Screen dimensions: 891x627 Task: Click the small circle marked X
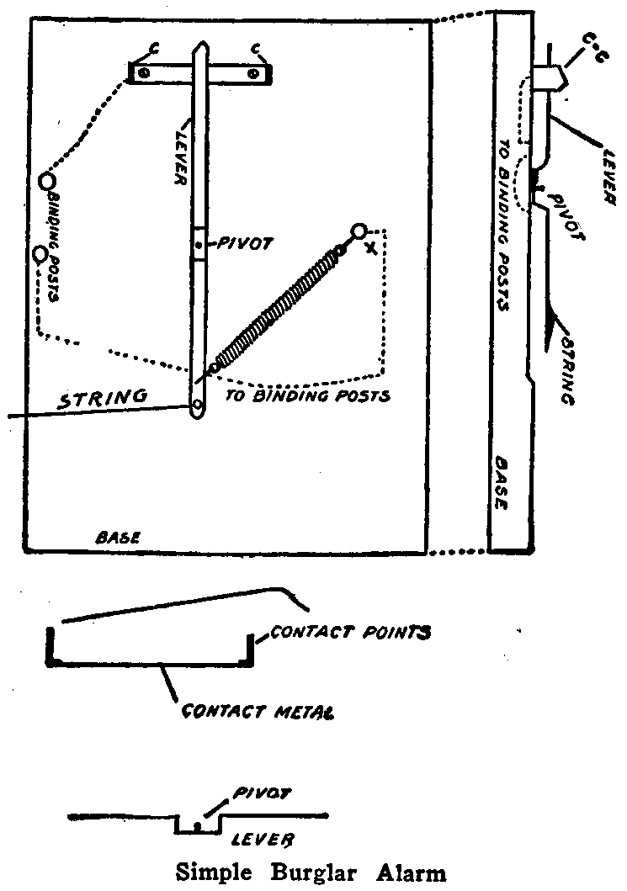[x=359, y=230]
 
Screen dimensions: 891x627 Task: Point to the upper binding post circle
[x=47, y=179]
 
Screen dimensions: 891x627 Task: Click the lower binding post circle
[x=40, y=253]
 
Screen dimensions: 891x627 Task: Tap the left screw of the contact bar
[x=145, y=74]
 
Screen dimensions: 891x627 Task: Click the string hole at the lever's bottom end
[x=198, y=406]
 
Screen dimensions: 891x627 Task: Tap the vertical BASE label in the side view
[x=502, y=484]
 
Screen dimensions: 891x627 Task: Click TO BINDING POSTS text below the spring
[x=307, y=395]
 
